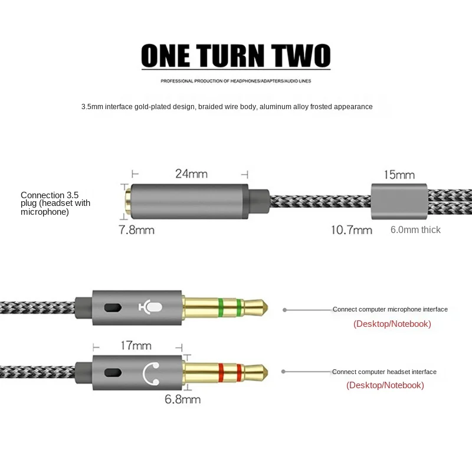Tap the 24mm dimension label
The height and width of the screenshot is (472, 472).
tap(191, 174)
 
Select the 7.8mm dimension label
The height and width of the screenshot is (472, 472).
tap(136, 230)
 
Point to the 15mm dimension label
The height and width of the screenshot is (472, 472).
tap(399, 175)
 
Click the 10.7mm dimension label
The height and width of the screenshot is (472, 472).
tap(350, 230)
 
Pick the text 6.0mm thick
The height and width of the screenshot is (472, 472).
tap(415, 230)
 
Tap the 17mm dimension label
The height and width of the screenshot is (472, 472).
tap(135, 346)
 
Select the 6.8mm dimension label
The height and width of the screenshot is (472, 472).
tap(182, 399)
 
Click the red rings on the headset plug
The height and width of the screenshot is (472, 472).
tap(229, 372)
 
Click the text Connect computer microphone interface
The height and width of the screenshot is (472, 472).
tap(390, 309)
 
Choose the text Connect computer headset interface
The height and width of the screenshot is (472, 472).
tap(384, 372)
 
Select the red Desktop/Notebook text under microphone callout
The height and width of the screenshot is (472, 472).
tap(392, 324)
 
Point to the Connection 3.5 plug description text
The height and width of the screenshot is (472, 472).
tap(55, 203)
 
